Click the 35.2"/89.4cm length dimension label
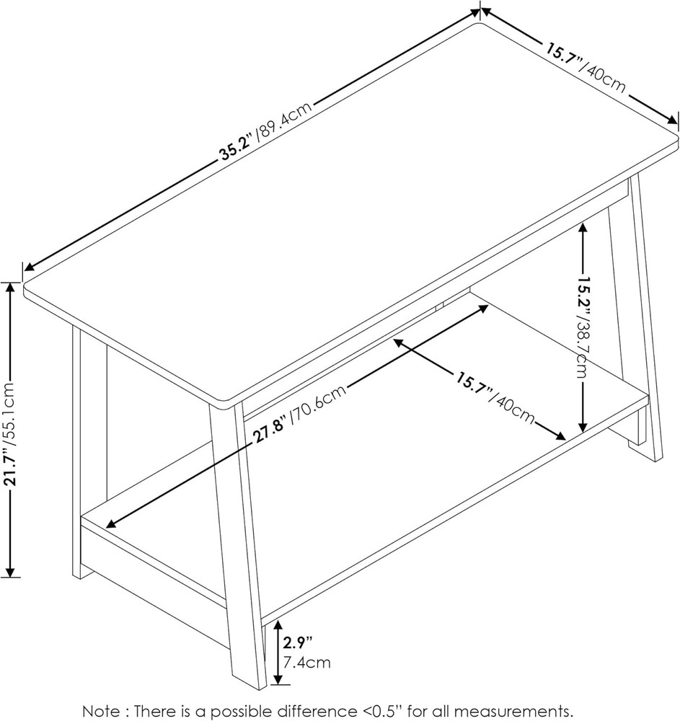point(266,132)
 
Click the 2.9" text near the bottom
point(297,640)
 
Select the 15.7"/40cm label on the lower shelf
point(495,397)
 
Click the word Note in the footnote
point(99,711)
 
